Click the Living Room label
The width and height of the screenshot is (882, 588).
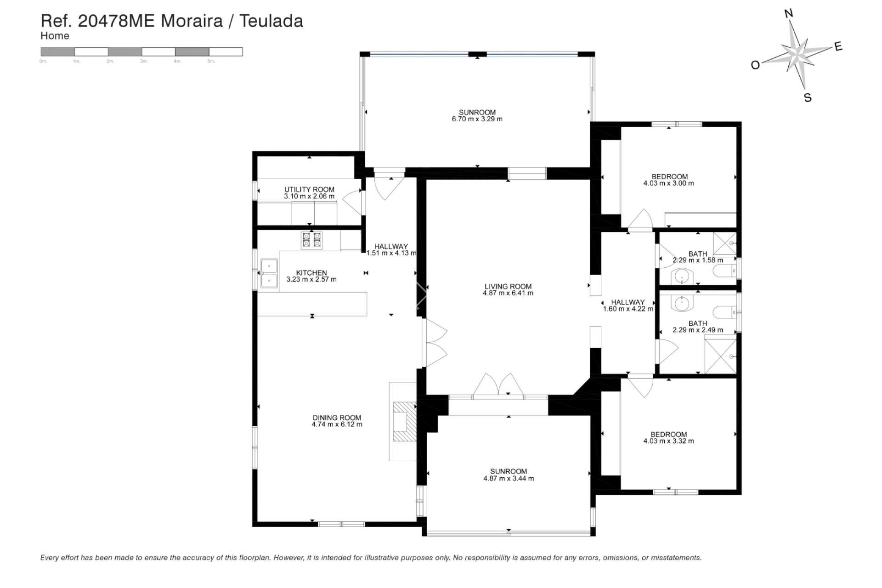508,287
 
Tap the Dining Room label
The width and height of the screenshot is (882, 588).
337,418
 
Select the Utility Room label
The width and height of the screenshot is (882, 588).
309,190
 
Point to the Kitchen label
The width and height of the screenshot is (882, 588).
311,273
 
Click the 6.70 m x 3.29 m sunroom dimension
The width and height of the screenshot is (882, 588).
477,119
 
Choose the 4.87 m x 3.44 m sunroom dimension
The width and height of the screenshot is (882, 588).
508,478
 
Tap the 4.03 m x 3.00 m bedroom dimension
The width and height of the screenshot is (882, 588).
668,183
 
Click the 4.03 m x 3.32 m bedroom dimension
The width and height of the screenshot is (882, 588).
668,441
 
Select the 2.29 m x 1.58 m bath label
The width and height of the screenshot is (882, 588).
698,254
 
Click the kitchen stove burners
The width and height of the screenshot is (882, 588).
311,240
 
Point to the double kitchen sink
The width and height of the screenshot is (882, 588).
269,273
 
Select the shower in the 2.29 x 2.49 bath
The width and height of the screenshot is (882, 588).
720,356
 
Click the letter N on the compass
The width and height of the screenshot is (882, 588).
789,14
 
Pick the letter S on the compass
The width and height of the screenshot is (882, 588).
808,97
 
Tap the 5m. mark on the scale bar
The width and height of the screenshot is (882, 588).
211,61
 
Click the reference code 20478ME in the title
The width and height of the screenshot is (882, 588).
117,21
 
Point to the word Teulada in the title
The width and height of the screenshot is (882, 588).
271,21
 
